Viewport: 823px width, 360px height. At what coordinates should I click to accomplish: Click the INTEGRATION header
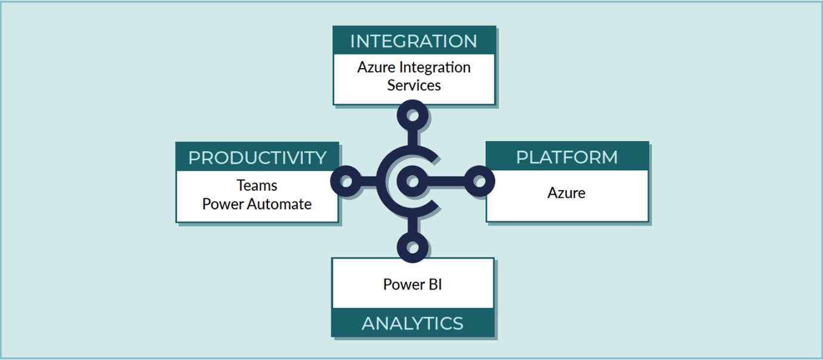[x=414, y=41]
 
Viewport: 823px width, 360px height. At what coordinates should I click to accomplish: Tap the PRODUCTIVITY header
[x=257, y=158]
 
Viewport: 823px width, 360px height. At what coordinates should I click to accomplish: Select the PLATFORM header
[x=567, y=157]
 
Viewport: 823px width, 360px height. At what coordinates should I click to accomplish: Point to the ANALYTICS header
[x=412, y=323]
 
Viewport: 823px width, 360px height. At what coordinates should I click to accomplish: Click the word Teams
[x=257, y=185]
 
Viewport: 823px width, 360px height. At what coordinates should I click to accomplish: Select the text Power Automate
[x=257, y=204]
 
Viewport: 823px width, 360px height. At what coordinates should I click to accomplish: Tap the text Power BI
[x=412, y=284]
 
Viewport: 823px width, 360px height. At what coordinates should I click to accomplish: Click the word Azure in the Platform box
[x=566, y=193]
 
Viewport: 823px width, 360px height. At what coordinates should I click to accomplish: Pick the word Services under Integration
[x=414, y=85]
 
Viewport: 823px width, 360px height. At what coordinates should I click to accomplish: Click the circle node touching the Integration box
[x=412, y=115]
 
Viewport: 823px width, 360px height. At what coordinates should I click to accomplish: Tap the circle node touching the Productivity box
[x=346, y=181]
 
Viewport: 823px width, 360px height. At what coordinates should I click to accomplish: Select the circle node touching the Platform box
[x=479, y=181]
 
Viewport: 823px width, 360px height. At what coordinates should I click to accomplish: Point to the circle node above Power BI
[x=412, y=247]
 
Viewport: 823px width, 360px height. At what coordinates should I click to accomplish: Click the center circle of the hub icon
[x=412, y=181]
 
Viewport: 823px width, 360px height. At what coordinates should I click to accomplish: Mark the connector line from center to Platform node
[x=446, y=181]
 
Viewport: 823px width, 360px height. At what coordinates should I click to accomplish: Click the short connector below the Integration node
[x=412, y=139]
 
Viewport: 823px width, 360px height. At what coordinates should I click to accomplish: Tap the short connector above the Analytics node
[x=412, y=224]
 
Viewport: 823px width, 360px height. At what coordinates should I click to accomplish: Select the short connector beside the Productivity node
[x=369, y=181]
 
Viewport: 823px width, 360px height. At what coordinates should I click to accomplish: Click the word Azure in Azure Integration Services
[x=377, y=67]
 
